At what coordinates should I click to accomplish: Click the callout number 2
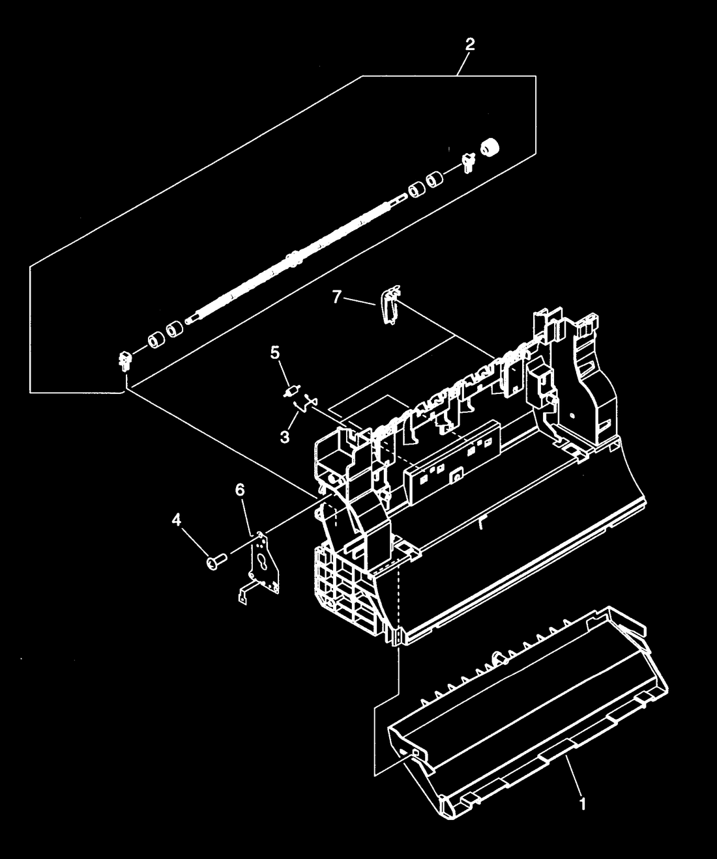(469, 44)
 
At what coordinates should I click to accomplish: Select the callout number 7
(337, 296)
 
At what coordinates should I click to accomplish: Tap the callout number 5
(274, 354)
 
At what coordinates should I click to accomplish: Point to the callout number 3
(285, 437)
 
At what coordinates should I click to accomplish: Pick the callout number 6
(240, 490)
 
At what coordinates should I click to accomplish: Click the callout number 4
(176, 520)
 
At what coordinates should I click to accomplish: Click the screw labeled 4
(216, 561)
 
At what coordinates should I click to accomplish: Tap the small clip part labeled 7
(389, 305)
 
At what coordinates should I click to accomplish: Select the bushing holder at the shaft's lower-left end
(124, 361)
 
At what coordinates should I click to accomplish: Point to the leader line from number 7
(360, 302)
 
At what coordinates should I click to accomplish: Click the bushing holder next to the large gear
(468, 162)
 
